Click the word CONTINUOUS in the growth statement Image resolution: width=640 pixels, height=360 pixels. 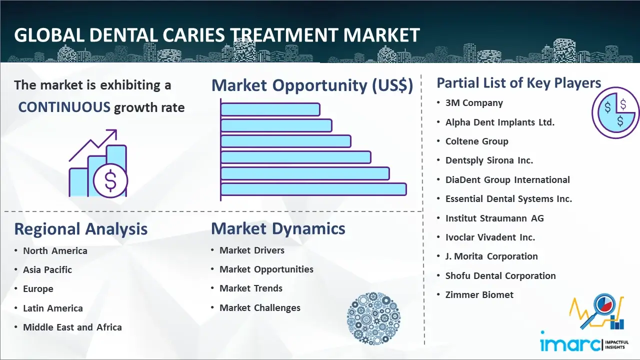pos(64,107)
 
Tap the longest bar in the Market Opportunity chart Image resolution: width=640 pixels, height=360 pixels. pos(313,189)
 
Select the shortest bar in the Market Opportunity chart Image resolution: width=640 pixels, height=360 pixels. pos(270,109)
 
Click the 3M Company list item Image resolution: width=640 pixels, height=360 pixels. pos(474,103)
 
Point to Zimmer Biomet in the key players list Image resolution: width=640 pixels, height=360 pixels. pos(479,294)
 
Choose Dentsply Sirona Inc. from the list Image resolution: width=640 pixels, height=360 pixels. pos(489,160)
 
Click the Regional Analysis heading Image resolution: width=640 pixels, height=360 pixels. pos(81,229)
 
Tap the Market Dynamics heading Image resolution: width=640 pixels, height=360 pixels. pos(278,228)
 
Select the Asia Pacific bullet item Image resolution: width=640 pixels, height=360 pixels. pos(47,269)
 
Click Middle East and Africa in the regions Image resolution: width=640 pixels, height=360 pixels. pos(72,327)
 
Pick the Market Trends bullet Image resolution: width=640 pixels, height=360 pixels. pos(251,288)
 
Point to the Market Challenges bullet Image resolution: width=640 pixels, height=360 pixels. pos(259,307)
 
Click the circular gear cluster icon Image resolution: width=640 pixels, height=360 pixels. pos(373,318)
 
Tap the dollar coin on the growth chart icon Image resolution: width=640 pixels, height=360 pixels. pos(110,180)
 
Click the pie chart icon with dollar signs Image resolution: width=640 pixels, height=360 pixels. pos(615,113)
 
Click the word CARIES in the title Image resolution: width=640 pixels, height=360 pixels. pos(194,35)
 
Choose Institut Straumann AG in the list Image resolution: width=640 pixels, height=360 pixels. pos(494,218)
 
